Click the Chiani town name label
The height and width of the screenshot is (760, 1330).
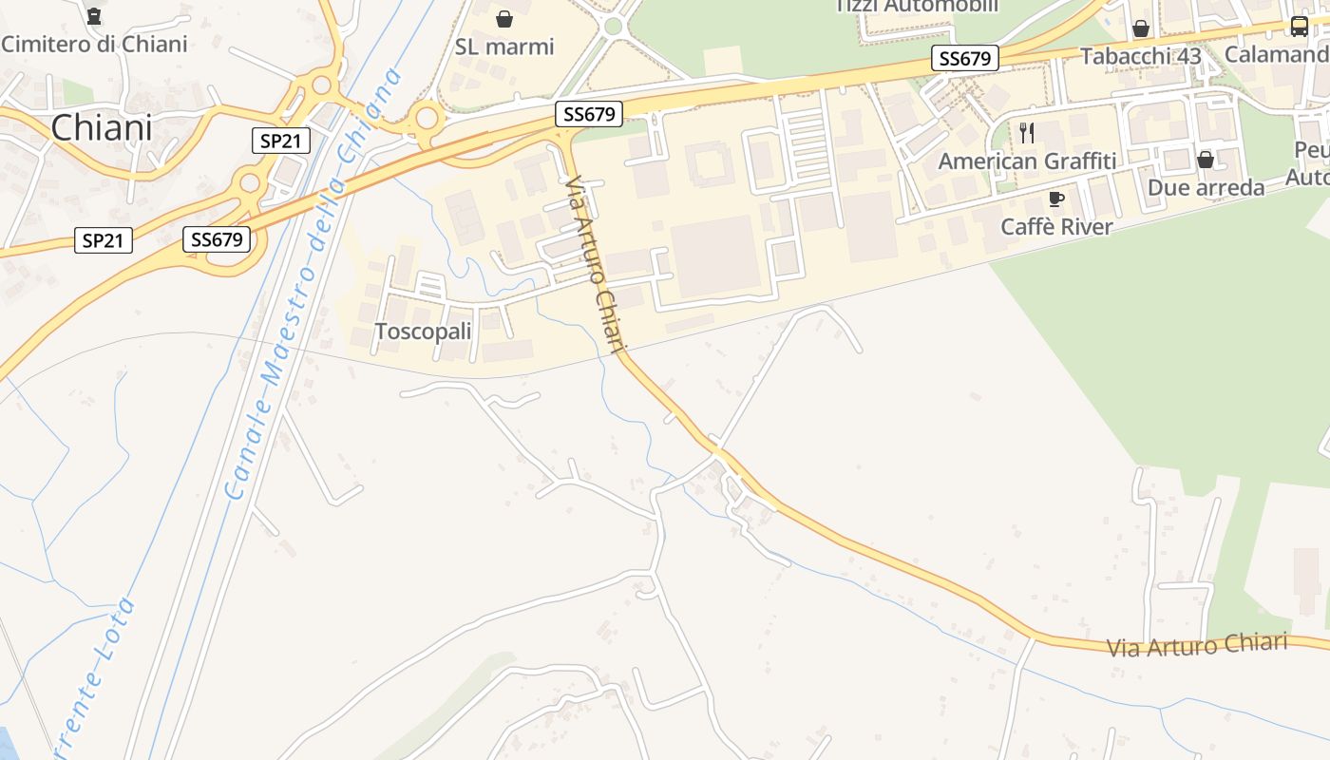pos(102,127)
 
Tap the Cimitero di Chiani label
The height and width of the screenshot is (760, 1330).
pos(94,44)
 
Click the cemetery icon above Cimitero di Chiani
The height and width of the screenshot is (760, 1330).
pos(94,16)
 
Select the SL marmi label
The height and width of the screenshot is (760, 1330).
pos(504,47)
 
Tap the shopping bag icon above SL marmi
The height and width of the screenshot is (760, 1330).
pos(504,19)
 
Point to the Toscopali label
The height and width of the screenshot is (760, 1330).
pos(424,332)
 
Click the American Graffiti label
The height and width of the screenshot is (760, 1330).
pos(1027,161)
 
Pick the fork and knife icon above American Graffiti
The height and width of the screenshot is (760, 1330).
pos(1027,133)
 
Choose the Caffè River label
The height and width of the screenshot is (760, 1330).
pos(1055,227)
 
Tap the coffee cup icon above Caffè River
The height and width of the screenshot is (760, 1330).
pos(1055,199)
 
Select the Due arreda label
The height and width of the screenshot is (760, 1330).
pos(1206,187)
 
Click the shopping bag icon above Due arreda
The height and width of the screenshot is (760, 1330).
pos(1206,160)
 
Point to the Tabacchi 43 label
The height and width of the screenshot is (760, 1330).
pos(1141,56)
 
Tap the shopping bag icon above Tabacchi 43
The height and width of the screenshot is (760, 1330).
pos(1141,28)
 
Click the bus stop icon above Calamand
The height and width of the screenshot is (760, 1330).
pos(1299,26)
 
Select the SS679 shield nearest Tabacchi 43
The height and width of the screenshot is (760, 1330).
pos(964,59)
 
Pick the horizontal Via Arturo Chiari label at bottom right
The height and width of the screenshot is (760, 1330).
pos(1197,646)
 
